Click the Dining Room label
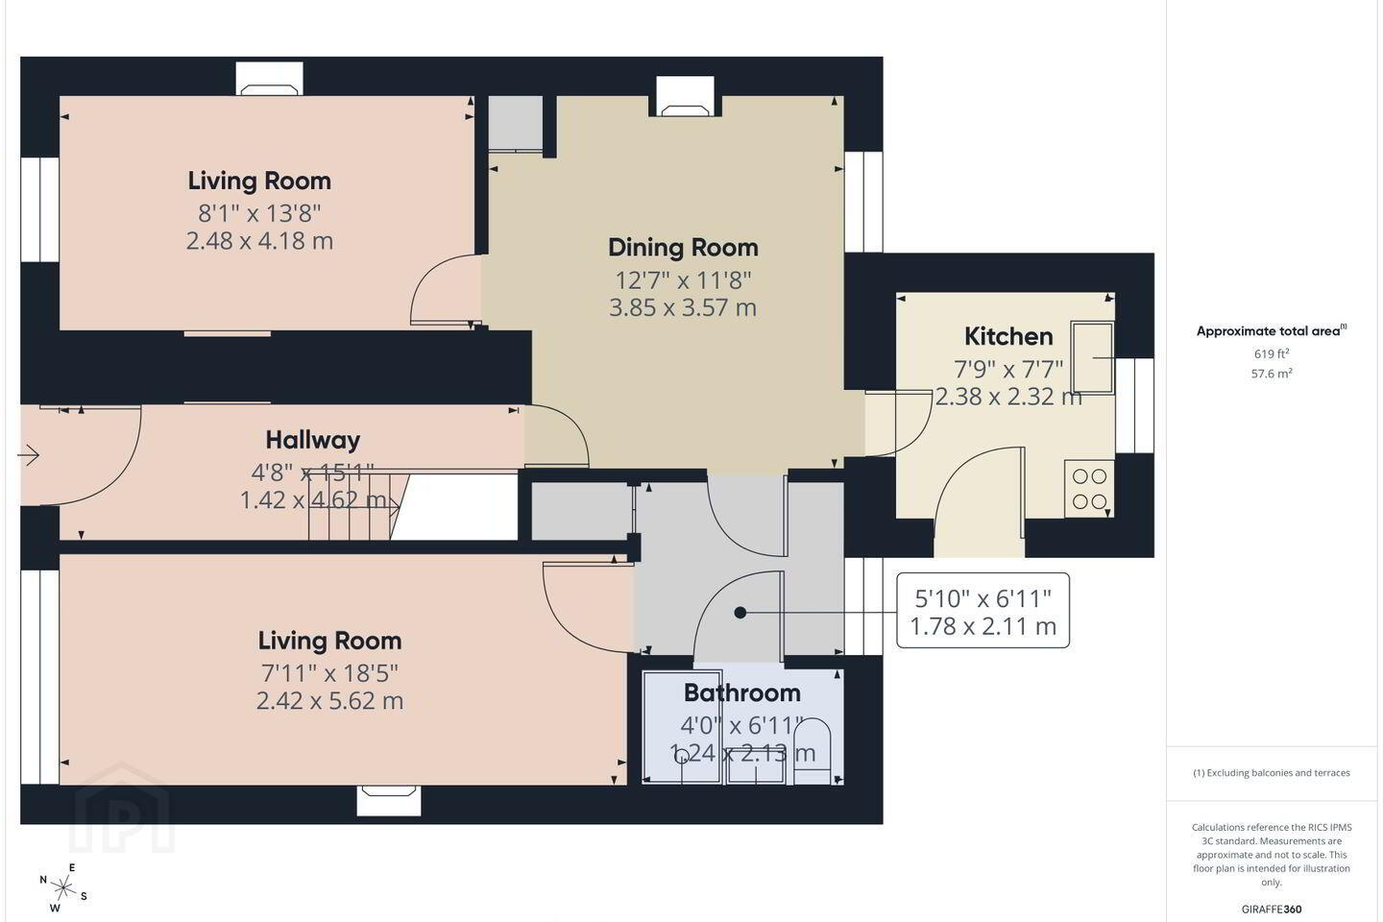(683, 248)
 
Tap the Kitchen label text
(1008, 336)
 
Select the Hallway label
(312, 440)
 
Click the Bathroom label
(742, 692)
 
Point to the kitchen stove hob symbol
(1089, 489)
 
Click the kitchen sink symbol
(1092, 357)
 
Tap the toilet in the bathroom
(812, 751)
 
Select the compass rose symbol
(61, 888)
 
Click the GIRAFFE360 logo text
(1272, 909)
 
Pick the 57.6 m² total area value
(1272, 374)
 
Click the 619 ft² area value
(1272, 353)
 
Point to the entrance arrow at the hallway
(29, 456)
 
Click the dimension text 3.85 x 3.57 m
(683, 307)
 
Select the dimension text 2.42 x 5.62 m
(329, 701)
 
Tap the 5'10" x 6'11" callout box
(983, 611)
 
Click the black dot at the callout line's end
(740, 613)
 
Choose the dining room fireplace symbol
(685, 97)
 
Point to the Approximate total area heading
(1272, 331)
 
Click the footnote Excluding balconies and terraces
(1272, 772)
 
